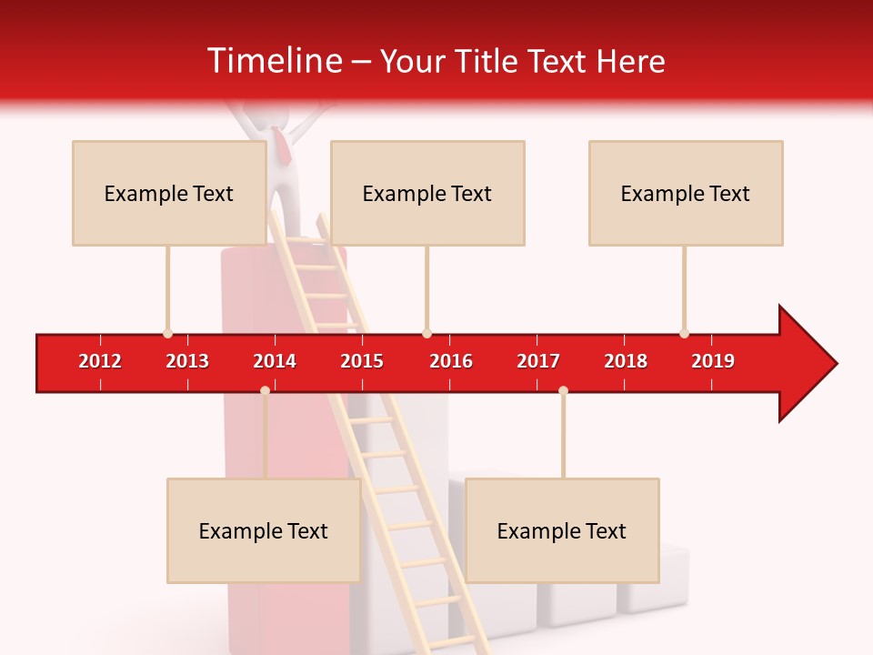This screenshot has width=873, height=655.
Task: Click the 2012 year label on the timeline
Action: (x=100, y=361)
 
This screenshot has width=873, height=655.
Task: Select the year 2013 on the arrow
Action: (x=187, y=361)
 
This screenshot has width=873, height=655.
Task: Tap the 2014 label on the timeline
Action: (x=275, y=361)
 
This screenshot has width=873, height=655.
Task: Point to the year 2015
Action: (x=362, y=361)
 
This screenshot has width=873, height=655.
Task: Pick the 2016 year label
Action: (x=451, y=361)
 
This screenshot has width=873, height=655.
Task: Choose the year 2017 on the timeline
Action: (x=538, y=361)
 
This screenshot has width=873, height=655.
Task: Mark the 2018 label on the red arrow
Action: (x=626, y=361)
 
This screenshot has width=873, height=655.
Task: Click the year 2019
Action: (x=713, y=361)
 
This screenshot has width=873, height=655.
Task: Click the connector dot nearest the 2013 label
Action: (x=167, y=333)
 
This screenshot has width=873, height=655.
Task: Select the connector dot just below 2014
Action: (x=265, y=390)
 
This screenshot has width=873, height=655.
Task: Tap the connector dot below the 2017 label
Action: (x=563, y=390)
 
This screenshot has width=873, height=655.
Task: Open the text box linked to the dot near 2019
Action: (x=686, y=193)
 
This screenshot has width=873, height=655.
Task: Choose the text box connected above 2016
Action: (x=427, y=193)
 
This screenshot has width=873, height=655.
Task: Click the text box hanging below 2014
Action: (x=264, y=530)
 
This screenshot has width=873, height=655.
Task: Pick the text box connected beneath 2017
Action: (x=562, y=530)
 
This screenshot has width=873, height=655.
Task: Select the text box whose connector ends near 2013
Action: (x=169, y=193)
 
